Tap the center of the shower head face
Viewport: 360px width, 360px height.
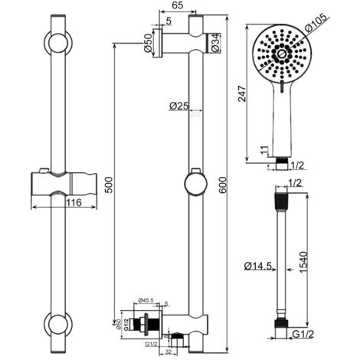(x=281, y=56)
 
